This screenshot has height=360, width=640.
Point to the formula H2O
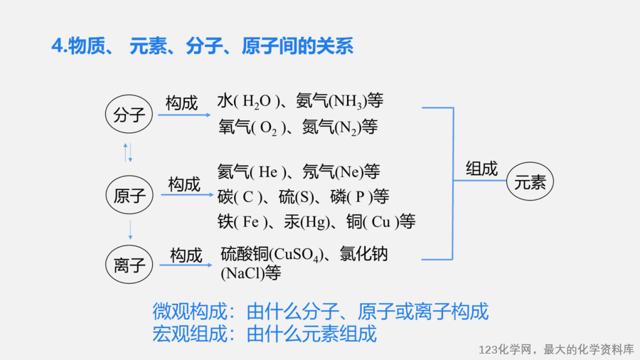click(x=256, y=102)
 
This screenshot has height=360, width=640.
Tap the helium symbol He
click(x=268, y=172)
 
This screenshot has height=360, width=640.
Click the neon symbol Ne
click(x=349, y=172)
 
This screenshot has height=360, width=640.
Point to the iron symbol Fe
click(x=250, y=222)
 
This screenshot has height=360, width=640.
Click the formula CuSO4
click(x=296, y=255)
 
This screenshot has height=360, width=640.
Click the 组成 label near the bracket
click(x=481, y=169)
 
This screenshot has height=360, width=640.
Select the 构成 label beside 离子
click(x=186, y=255)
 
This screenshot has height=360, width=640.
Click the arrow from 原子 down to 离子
click(x=130, y=231)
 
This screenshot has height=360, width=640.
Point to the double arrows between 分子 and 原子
click(x=128, y=153)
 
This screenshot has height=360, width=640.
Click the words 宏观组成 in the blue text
click(x=189, y=334)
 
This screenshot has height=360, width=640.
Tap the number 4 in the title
click(x=57, y=46)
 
